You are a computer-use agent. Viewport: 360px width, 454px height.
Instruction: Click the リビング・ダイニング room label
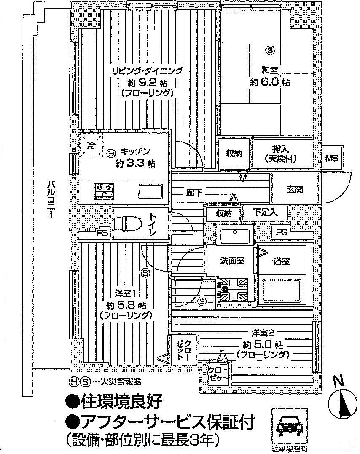(147, 70)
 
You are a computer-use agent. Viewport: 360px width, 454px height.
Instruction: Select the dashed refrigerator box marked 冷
(91, 145)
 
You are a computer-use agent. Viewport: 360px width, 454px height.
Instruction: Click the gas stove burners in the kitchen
(104, 189)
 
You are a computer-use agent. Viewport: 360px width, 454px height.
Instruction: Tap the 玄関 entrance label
(295, 189)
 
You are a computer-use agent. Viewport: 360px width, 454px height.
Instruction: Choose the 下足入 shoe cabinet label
(266, 213)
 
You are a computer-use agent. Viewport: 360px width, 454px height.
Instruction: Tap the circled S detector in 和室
(270, 50)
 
